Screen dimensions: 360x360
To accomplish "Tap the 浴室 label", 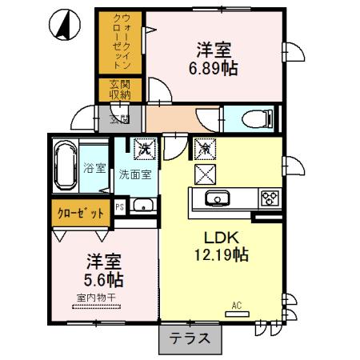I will pos(94,169).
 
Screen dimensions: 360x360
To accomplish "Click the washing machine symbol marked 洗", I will pos(145,148).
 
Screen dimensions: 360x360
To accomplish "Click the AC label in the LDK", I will pos(236,306).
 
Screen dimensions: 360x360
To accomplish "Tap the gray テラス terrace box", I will pos(190,338).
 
